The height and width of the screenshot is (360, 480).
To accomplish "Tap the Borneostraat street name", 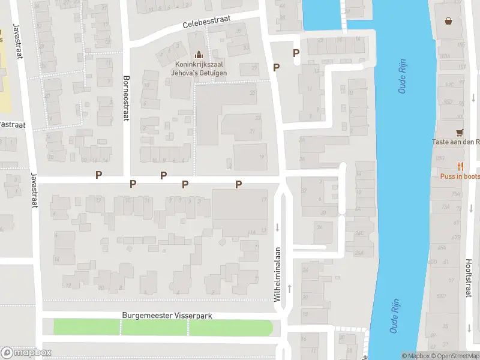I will tap(126, 98).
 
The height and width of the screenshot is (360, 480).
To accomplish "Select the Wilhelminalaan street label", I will tap(277, 275).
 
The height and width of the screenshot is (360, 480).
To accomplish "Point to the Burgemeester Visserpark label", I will tap(167, 315).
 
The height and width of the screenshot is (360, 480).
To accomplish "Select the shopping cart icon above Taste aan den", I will tap(460, 132).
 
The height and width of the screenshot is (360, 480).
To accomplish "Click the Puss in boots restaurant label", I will tap(460, 176).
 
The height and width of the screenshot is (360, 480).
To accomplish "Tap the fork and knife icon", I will tap(460, 166).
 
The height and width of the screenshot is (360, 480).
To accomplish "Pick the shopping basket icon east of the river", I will tap(448, 22).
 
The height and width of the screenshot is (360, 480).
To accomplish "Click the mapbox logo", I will tap(26, 352).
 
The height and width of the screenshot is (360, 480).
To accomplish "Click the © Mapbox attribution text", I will tap(415, 356).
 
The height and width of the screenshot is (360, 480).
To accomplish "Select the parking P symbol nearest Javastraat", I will tap(98, 175).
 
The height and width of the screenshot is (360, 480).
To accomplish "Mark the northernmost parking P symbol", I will tap(296, 53).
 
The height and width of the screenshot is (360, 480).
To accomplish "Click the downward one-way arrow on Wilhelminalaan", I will tap(277, 227).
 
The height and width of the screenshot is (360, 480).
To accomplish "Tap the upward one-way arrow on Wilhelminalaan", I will tap(290, 289).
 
